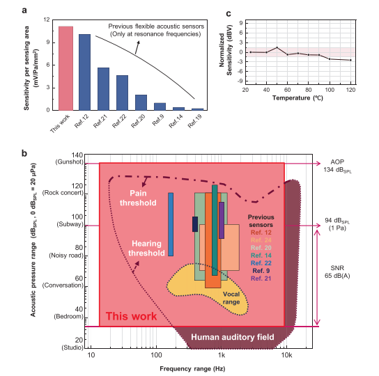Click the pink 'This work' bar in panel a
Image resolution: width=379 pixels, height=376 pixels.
point(65,68)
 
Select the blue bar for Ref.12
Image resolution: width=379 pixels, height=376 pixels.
point(84,72)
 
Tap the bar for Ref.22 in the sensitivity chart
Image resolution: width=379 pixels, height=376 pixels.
point(123,93)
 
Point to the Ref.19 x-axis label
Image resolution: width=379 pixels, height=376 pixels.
point(194,120)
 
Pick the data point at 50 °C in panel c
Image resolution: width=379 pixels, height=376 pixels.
point(277,47)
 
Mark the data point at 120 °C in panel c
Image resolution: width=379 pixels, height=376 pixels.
point(350,60)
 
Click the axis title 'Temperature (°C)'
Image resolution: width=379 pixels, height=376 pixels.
point(297,98)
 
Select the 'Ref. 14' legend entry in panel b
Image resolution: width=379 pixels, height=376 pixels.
point(261,255)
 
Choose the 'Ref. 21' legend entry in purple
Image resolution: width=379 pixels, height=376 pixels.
point(261,279)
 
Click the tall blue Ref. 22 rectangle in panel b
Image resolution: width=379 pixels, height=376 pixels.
point(171,224)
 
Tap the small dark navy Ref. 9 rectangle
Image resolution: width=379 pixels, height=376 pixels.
point(195,224)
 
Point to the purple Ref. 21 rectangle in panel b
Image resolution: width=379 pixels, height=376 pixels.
point(222,221)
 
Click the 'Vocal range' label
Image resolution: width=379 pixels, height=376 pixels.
point(231,298)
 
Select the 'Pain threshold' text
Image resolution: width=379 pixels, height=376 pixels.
point(138,198)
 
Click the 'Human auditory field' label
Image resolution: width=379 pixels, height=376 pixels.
point(233,337)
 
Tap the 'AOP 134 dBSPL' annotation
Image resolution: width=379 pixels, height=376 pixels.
point(337,166)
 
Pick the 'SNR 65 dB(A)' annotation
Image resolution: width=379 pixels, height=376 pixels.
point(337,272)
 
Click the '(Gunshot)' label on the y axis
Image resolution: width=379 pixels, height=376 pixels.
point(70,162)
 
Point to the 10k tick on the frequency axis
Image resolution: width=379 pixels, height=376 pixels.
point(286,355)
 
